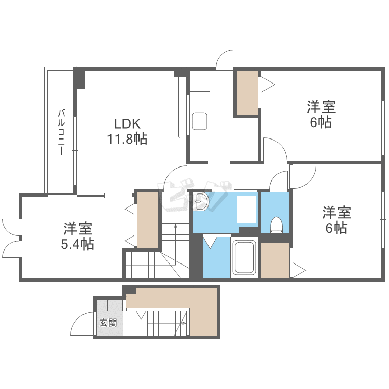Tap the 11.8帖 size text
(128, 138)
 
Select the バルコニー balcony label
(61, 132)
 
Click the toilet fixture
(276, 225)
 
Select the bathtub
(245, 258)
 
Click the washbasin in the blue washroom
(201, 202)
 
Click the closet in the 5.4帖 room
(148, 220)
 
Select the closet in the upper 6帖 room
(247, 92)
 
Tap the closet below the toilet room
(275, 259)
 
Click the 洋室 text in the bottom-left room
(78, 228)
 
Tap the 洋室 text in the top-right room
(321, 107)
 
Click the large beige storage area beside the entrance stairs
(202, 311)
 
